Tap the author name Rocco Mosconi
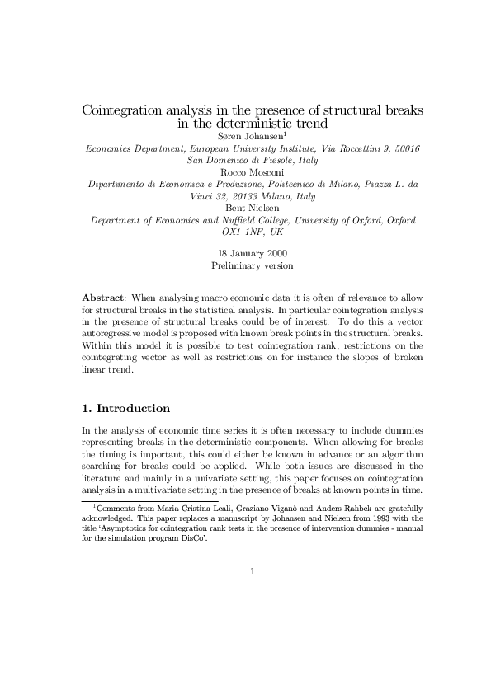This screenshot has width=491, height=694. pos(253,171)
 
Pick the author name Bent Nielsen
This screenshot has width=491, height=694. pos(253,208)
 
